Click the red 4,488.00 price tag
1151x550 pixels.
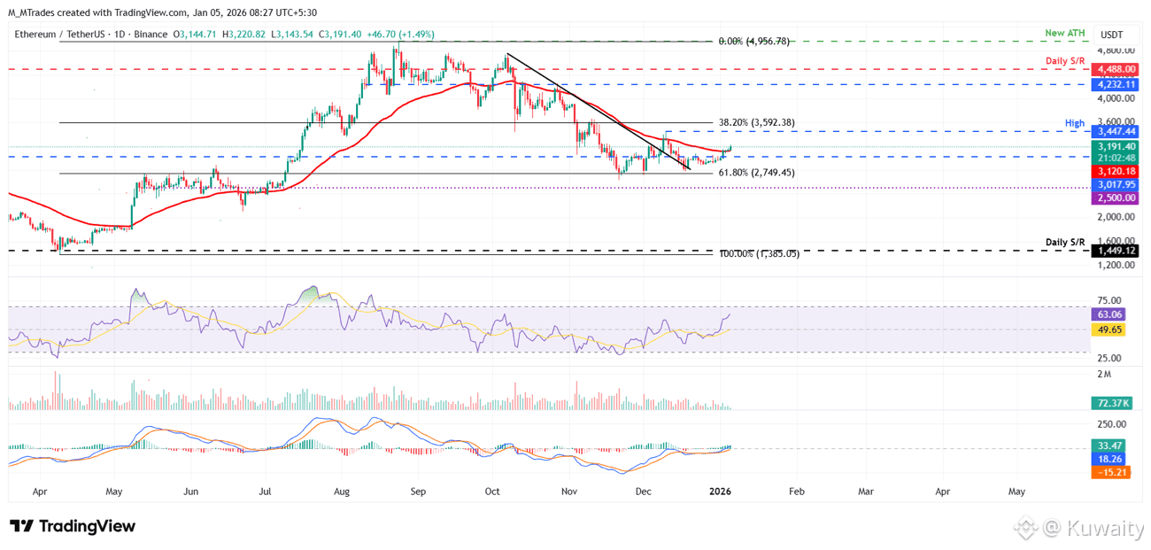[x=1116, y=69]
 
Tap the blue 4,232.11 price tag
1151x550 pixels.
[x=1116, y=84]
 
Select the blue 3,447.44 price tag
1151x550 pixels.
[x=1116, y=131]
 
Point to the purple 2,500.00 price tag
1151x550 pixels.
[x=1116, y=198]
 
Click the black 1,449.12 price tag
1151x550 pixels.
[x=1116, y=251]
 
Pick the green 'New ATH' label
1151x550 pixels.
[x=1064, y=34]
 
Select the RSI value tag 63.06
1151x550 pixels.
[x=1110, y=314]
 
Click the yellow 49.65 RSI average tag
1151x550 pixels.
[x=1110, y=329]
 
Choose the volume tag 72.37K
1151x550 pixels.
[x=1113, y=403]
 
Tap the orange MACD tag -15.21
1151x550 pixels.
[x=1113, y=472]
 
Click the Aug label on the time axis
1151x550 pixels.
[x=343, y=491]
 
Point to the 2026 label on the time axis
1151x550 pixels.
[x=721, y=491]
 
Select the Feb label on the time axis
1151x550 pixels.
[x=797, y=491]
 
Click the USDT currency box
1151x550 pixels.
[x=1112, y=35]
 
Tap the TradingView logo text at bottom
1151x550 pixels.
[x=73, y=526]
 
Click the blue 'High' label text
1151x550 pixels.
[x=1075, y=122]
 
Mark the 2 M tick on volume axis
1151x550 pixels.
[x=1105, y=375]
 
